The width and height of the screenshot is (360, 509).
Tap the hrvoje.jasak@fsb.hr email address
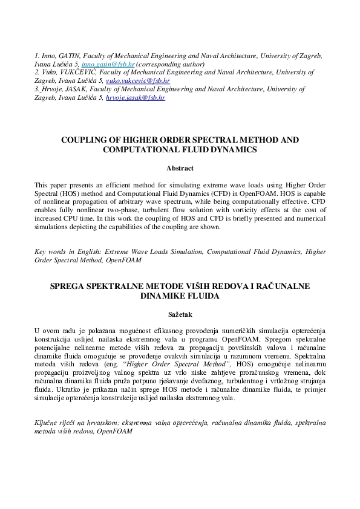tap(135, 97)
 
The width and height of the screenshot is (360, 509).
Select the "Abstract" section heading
tap(180, 168)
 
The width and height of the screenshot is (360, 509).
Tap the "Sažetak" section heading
tap(180, 314)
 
